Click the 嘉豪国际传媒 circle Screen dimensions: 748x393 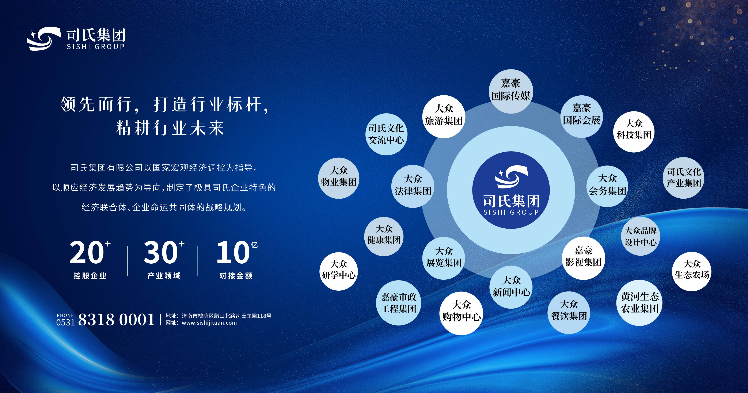(510, 91)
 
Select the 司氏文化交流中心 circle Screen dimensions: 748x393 (386, 134)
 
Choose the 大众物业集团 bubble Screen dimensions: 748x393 (339, 178)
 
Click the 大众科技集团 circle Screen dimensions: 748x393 (634, 131)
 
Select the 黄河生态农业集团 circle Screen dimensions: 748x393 (640, 303)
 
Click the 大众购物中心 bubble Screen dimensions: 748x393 (461, 313)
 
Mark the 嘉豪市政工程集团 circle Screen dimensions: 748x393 (398, 303)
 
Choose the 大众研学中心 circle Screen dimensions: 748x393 (339, 271)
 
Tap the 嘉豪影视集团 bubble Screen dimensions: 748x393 (583, 258)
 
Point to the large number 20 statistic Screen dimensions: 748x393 (87, 252)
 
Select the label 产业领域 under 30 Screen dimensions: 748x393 (164, 275)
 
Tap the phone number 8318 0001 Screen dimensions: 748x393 (117, 320)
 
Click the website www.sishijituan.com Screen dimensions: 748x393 (209, 323)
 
